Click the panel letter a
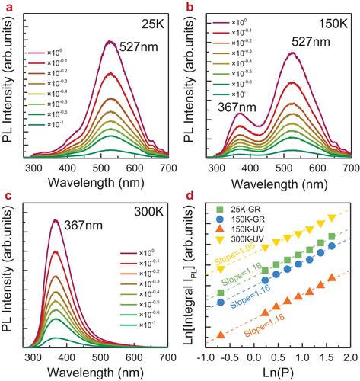[9, 8]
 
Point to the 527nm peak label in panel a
[139, 46]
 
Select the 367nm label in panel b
[237, 107]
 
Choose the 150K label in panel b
[333, 24]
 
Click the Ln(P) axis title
[278, 373]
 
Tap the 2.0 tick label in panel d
[351, 358]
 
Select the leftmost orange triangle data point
[221, 335]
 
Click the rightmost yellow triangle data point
[332, 218]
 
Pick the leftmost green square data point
[221, 293]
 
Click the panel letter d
[190, 196]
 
